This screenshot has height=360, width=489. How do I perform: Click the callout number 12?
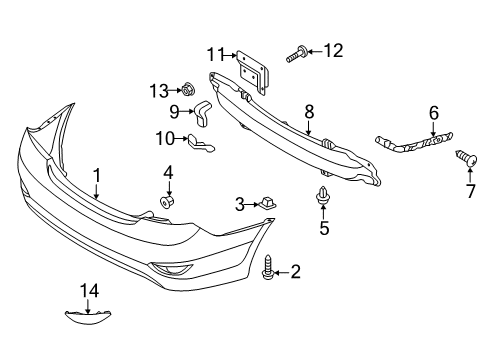tap(333, 51)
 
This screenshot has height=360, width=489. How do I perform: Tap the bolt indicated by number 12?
tap(296, 54)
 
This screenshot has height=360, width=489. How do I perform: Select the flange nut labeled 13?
tap(188, 89)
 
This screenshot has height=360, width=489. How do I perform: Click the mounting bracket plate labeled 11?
tap(252, 72)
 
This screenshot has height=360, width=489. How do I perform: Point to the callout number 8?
tap(309, 112)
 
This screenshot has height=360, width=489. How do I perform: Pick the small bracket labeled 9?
tap(203, 113)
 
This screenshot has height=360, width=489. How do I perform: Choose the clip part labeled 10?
tap(201, 143)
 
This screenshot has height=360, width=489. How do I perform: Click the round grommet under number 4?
tap(168, 202)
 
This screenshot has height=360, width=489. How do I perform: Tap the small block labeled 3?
tap(266, 203)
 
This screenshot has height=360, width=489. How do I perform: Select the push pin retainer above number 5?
tap(323, 196)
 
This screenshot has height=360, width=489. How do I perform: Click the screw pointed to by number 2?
tap(268, 267)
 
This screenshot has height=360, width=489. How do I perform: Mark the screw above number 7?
tap(466, 159)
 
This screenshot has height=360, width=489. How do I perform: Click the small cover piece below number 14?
tap(88, 318)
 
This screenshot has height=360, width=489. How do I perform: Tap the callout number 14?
tap(90, 291)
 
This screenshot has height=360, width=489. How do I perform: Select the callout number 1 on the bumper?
tap(97, 176)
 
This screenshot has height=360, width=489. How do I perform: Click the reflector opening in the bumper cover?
tap(171, 268)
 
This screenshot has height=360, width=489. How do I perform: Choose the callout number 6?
tap(434, 113)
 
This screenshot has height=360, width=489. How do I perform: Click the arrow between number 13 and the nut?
tap(175, 90)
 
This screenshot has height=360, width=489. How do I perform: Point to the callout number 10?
tap(165, 138)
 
